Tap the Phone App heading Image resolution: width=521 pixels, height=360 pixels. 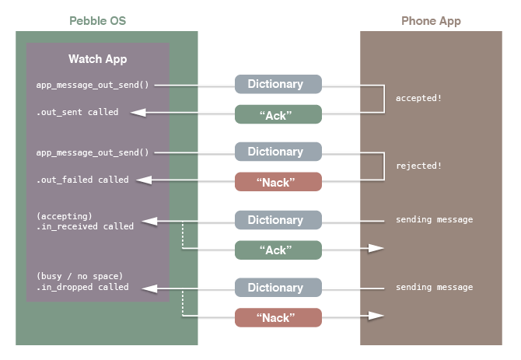431,21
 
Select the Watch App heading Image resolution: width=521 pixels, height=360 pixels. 97,59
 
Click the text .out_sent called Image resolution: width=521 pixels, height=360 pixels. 77,113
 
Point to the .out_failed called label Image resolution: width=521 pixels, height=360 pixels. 82,180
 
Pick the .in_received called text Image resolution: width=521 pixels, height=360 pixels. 85,226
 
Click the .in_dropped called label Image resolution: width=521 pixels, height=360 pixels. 82,287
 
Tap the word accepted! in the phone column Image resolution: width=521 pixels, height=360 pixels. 419,99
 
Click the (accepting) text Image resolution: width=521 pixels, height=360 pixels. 64,215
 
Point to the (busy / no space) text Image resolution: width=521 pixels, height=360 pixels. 79,276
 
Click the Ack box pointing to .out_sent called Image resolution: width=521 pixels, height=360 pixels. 278,114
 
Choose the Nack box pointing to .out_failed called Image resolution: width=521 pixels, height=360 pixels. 278,182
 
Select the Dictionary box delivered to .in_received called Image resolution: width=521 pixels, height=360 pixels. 278,220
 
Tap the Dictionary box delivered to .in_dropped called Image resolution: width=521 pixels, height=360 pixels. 278,288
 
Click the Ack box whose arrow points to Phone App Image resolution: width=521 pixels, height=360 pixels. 278,250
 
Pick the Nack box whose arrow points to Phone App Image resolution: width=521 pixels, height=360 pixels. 278,317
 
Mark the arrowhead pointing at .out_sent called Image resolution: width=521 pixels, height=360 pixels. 138,114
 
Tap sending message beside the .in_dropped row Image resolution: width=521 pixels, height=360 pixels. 434,288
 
